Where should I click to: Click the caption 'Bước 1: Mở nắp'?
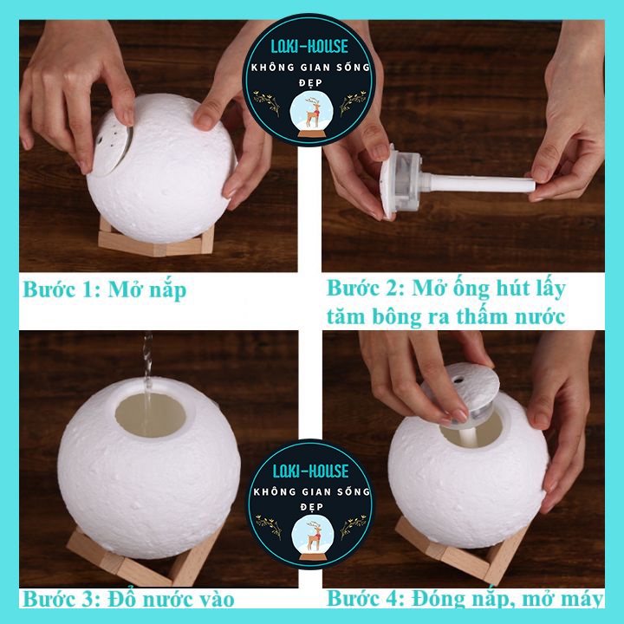(x=104, y=289)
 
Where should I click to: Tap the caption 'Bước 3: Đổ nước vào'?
(x=128, y=599)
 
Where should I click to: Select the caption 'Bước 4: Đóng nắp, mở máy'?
(x=465, y=598)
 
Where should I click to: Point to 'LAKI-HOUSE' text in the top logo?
(x=309, y=47)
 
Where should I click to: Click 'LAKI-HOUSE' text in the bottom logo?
(x=310, y=471)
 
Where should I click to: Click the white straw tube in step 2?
(x=478, y=183)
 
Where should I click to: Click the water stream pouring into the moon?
(x=147, y=382)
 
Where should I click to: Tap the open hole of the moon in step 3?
(x=151, y=414)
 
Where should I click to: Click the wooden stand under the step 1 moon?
(x=156, y=241)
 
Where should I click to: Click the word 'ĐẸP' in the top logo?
(x=310, y=83)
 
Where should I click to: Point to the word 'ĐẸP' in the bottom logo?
(x=312, y=507)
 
